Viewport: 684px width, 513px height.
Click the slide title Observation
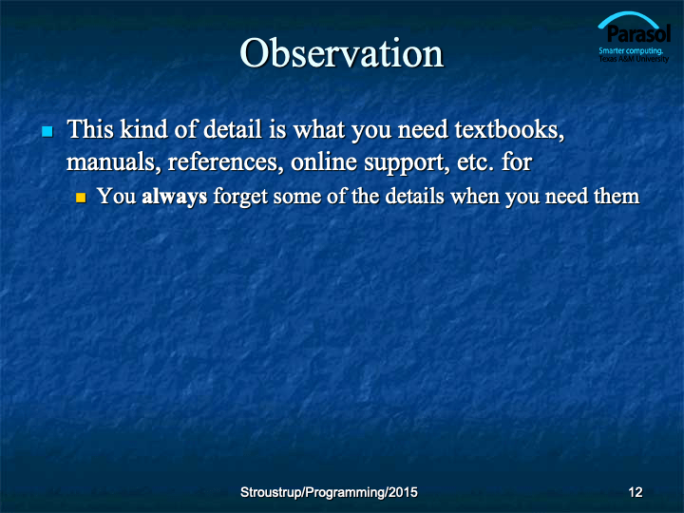tap(342, 53)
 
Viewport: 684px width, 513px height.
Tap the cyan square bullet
tap(47, 131)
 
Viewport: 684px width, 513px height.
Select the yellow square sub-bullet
tap(81, 198)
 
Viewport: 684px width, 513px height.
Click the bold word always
tap(175, 197)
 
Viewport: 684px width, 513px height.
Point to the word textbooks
tap(509, 130)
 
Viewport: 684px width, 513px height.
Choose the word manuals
tap(111, 162)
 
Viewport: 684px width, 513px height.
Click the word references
tap(223, 162)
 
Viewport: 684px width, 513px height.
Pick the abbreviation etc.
tap(475, 163)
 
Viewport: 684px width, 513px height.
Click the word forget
tap(240, 197)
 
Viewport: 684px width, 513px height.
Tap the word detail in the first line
tap(233, 129)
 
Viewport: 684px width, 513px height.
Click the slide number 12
tap(636, 492)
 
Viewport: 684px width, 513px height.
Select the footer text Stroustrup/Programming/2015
tap(329, 492)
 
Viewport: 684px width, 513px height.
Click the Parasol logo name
tap(638, 34)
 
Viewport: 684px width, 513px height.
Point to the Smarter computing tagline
tap(631, 50)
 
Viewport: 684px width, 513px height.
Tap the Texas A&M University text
tap(634, 59)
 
